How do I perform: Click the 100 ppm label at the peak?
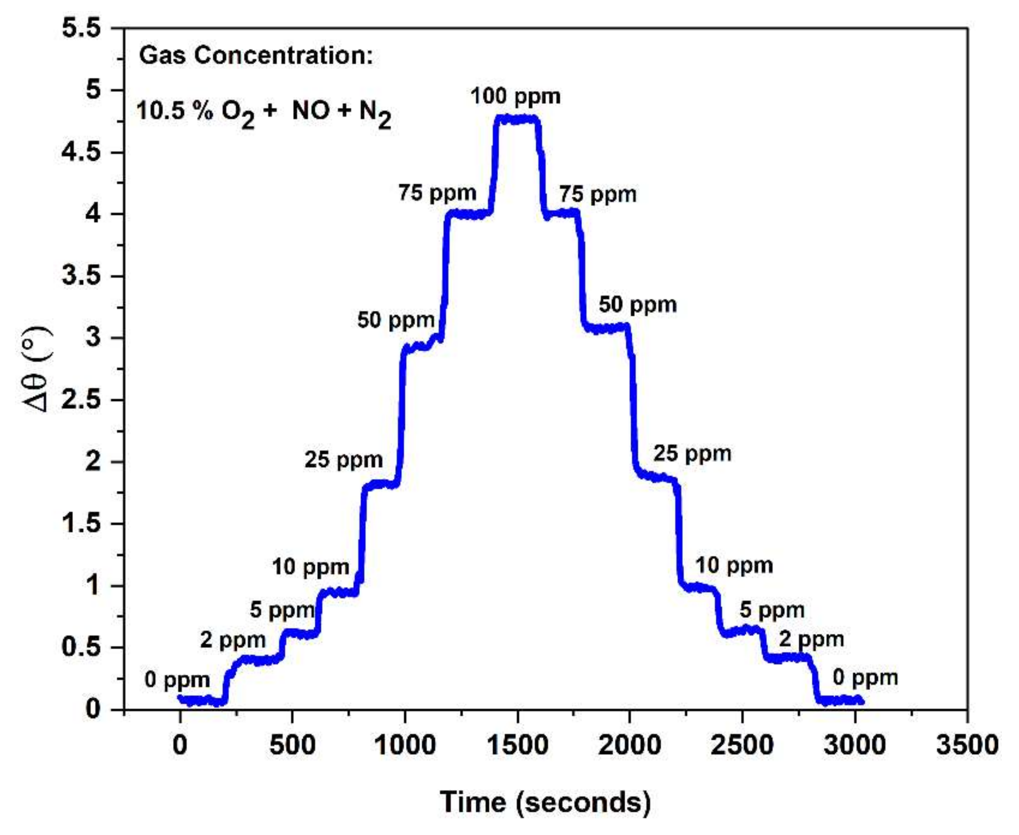[515, 96]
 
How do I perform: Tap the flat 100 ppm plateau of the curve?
[517, 119]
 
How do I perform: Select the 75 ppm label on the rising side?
[437, 193]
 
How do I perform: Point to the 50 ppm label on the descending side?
[638, 305]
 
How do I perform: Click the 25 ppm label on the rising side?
[343, 460]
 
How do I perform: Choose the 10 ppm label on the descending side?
[734, 566]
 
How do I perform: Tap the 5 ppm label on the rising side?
[282, 611]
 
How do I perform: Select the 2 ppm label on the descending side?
[811, 639]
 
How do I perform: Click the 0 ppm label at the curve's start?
[177, 680]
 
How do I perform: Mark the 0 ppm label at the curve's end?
[865, 678]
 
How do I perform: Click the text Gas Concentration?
[256, 56]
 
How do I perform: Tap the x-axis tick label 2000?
[629, 746]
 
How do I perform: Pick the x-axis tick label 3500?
[967, 746]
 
